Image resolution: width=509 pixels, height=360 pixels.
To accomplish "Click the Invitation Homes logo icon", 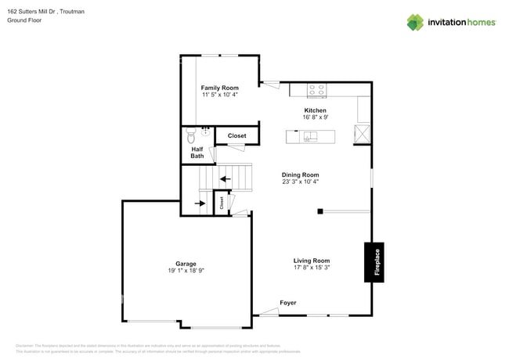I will click(414, 22).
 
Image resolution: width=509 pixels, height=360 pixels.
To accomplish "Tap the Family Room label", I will click(219, 88).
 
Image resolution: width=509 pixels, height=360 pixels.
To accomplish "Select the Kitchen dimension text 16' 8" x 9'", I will click(316, 117).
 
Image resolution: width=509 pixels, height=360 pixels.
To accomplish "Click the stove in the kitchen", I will click(317, 90).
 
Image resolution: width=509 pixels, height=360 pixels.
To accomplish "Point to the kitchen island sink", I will click(311, 137).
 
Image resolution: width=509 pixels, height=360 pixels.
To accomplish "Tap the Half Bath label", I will click(197, 152).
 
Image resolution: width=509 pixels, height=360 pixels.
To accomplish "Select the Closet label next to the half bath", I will click(236, 135).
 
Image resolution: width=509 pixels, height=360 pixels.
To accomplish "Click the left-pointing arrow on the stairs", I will click(226, 179).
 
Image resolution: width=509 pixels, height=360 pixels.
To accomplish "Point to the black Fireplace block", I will click(377, 261).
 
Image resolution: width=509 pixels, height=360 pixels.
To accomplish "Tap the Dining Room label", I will click(300, 175).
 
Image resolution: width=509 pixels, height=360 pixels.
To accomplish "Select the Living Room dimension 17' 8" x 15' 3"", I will click(312, 268).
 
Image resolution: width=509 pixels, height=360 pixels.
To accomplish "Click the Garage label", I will click(186, 264).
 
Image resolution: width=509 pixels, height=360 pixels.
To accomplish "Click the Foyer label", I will click(288, 303).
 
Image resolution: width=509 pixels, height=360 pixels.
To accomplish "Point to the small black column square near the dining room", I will click(320, 211).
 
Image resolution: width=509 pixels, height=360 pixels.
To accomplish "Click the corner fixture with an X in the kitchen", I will click(363, 133).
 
